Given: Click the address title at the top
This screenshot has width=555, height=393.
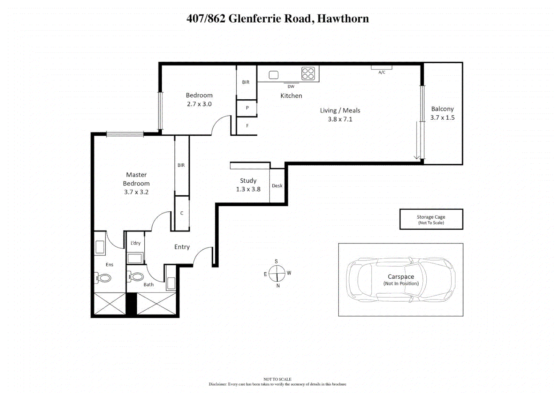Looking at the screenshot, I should [x=277, y=19].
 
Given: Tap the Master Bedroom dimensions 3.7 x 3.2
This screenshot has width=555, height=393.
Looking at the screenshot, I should [x=136, y=192].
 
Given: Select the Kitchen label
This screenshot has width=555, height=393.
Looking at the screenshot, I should [x=291, y=96].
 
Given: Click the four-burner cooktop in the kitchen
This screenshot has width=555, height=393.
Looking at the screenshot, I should [x=308, y=74].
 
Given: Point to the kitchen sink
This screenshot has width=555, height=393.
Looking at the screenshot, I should [x=274, y=75].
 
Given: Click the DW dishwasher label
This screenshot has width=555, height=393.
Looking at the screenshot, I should [x=291, y=87].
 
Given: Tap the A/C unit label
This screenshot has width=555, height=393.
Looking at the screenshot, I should [x=382, y=72].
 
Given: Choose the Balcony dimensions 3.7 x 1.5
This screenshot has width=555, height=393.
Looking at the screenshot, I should [x=442, y=118].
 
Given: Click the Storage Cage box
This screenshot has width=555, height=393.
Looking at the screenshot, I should [x=431, y=219].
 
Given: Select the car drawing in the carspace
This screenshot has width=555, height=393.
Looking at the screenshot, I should [x=401, y=280].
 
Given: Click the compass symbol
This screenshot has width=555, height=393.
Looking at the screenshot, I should [x=277, y=273].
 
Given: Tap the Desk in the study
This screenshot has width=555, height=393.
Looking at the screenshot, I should [x=277, y=186].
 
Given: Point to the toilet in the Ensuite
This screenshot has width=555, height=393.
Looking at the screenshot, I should [x=104, y=278].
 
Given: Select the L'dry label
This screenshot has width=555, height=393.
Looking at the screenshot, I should [x=136, y=243].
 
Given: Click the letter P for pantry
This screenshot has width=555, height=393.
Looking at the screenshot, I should [x=247, y=108].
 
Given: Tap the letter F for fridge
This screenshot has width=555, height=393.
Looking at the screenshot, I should [x=247, y=126].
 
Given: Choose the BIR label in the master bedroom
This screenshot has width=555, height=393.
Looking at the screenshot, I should [x=181, y=165].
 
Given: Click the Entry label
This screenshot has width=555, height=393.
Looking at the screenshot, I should [x=182, y=247].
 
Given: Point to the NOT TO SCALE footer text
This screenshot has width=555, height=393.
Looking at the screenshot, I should [x=277, y=379].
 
